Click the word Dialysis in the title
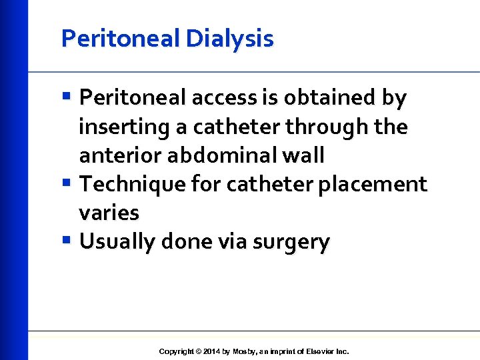(x=230, y=39)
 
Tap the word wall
(x=304, y=155)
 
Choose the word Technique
(x=128, y=184)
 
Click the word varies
(x=109, y=213)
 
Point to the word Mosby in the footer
(x=243, y=351)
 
